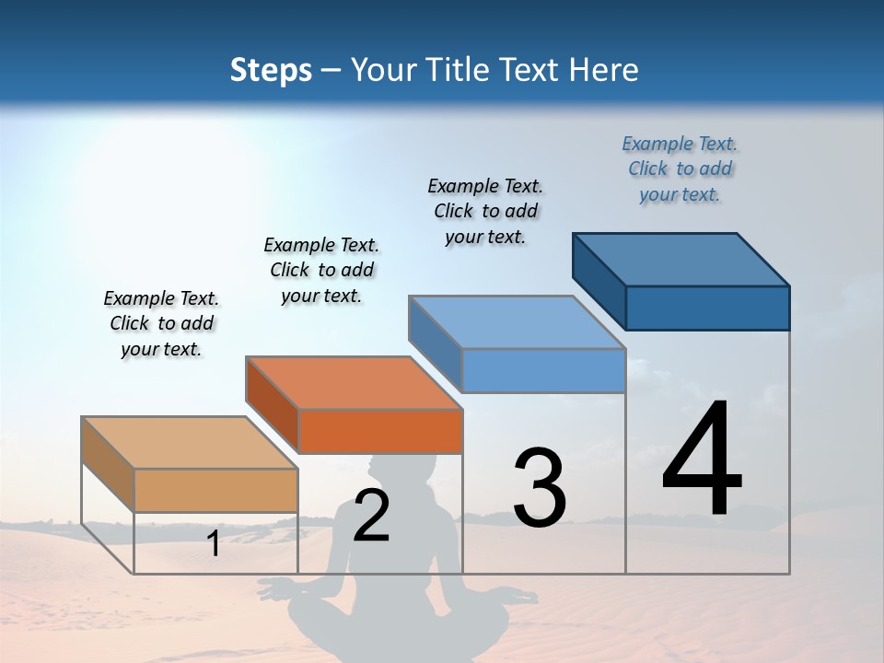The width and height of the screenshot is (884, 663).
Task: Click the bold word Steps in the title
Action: tap(271, 70)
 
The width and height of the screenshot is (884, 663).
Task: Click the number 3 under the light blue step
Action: tap(540, 488)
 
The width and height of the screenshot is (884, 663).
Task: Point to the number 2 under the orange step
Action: tap(371, 516)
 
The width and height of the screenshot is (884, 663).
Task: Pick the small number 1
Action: tap(214, 544)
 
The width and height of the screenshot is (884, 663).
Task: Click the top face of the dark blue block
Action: tap(681, 259)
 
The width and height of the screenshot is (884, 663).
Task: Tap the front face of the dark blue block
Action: tap(707, 308)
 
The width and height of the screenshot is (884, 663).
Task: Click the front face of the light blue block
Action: tap(543, 370)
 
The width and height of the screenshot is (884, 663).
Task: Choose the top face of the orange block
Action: tap(354, 382)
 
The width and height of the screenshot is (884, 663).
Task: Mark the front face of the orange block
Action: tap(380, 431)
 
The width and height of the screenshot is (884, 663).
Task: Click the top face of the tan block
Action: tap(190, 443)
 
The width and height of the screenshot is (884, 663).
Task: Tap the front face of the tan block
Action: tap(215, 490)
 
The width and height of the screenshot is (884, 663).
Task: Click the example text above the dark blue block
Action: tap(680, 169)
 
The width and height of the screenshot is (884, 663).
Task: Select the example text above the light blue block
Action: tap(485, 211)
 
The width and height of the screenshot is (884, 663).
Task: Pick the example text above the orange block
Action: tap(321, 270)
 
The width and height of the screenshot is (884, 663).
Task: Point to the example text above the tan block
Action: tap(161, 323)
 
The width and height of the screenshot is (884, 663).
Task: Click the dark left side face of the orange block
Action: tap(273, 405)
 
